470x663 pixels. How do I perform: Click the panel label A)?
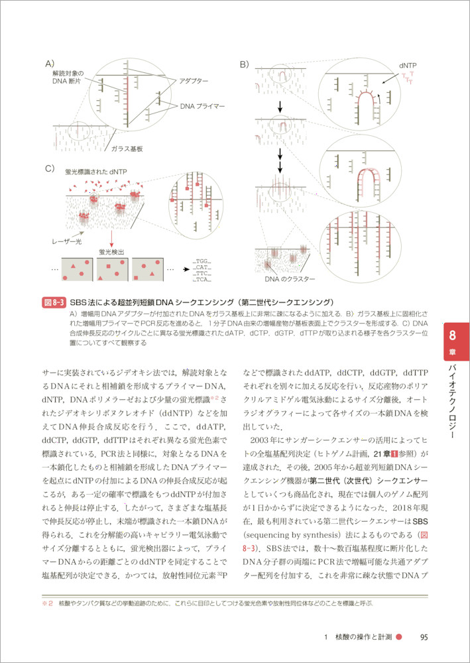pyautogui.click(x=49, y=64)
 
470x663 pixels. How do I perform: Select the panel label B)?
pyautogui.click(x=245, y=64)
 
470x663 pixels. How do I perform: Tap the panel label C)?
pyautogui.click(x=49, y=168)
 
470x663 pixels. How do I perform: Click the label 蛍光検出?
pyautogui.click(x=111, y=252)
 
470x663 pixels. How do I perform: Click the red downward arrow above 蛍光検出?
pyautogui.click(x=111, y=238)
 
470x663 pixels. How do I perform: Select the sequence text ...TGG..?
pyautogui.click(x=202, y=262)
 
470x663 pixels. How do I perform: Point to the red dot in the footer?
pyautogui.click(x=399, y=638)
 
